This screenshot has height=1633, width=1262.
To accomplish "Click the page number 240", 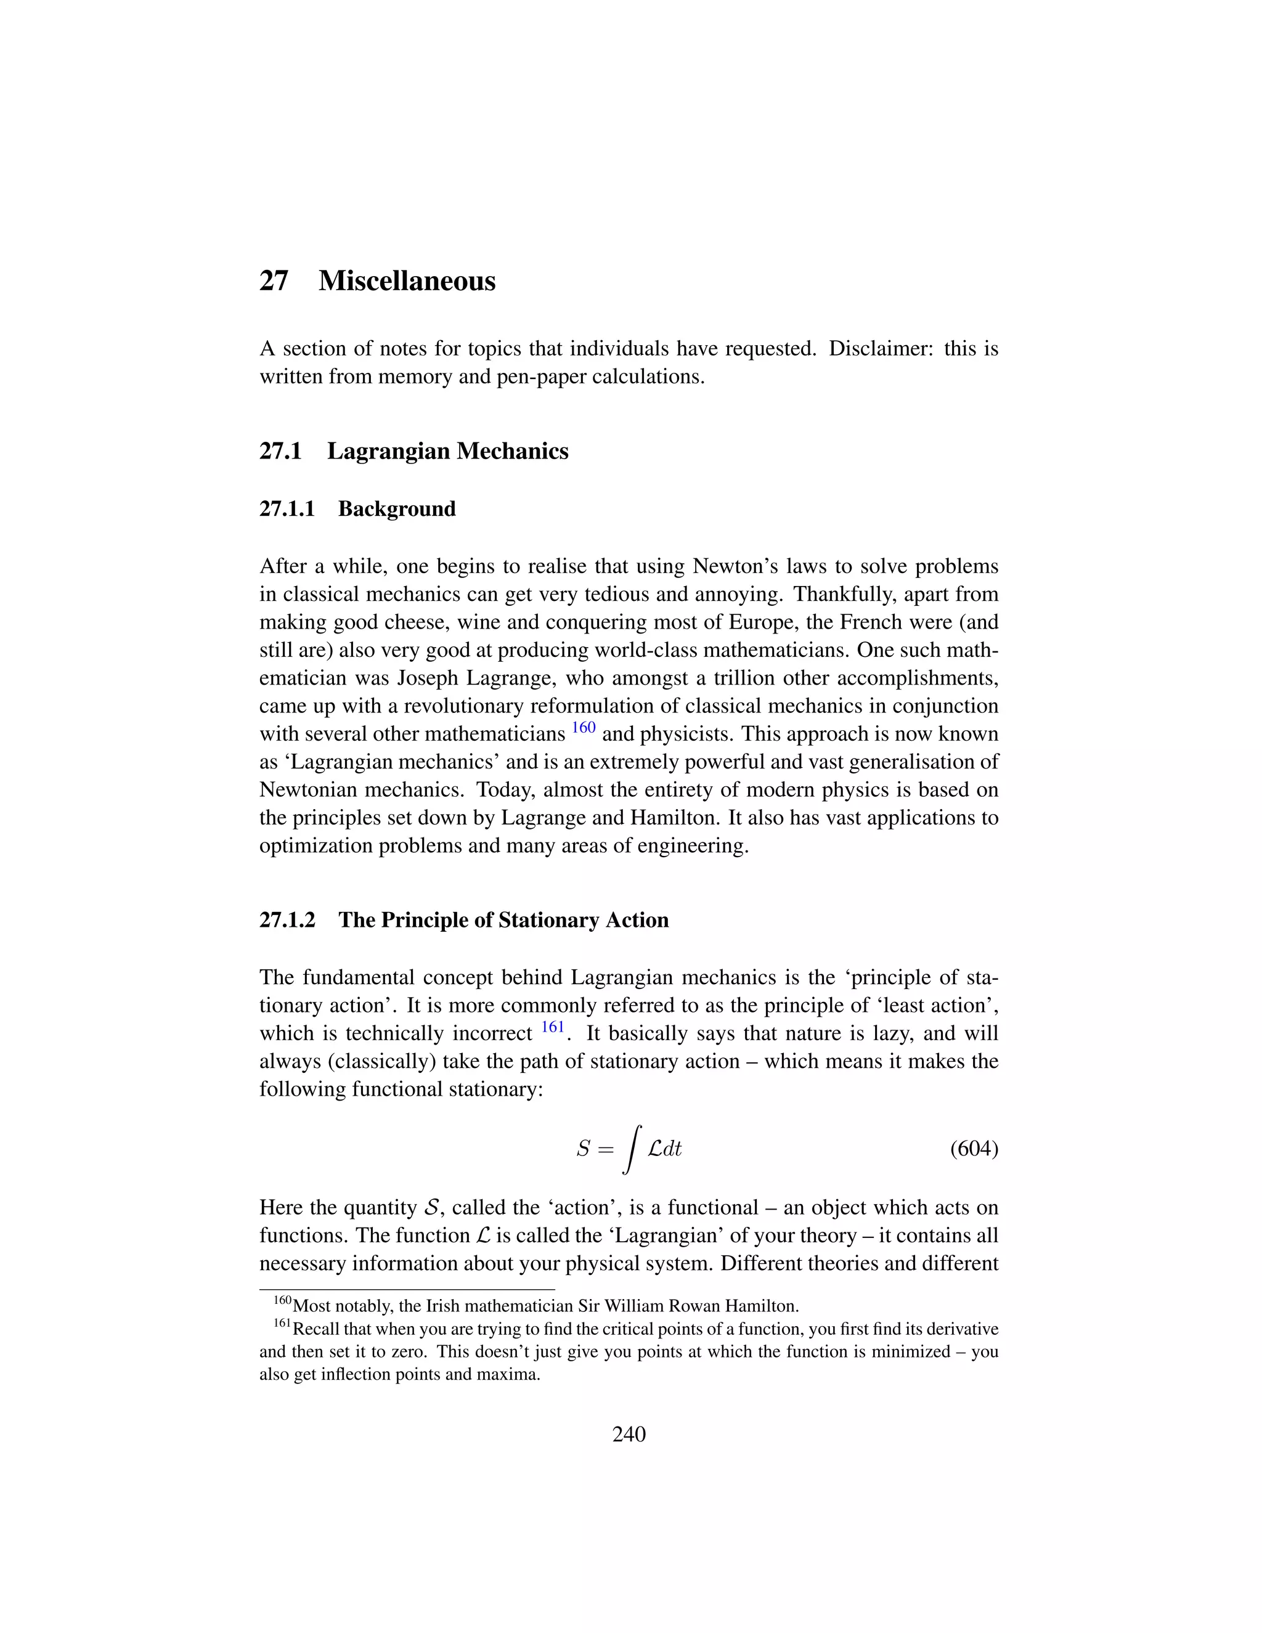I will click(629, 1434).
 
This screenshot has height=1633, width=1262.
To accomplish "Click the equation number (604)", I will click(974, 1149).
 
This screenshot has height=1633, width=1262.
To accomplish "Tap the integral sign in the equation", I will click(632, 1149).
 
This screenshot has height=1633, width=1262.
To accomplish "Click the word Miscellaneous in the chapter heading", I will click(407, 281).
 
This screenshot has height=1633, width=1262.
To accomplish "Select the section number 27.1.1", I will click(287, 509).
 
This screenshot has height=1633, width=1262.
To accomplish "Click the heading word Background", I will click(396, 509).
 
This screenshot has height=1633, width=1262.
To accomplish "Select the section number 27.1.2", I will click(288, 921).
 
